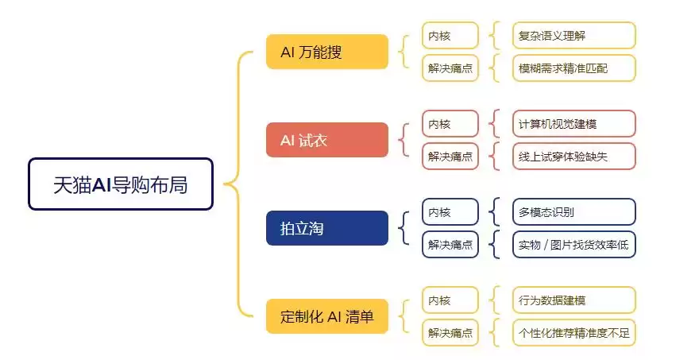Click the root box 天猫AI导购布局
(x=121, y=184)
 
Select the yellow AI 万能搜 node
(x=326, y=52)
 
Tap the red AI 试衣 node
(x=326, y=140)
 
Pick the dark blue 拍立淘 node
(x=326, y=229)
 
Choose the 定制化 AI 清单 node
(x=326, y=316)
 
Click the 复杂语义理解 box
(x=573, y=36)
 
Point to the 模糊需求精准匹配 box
(x=573, y=68)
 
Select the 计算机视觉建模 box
(x=573, y=124)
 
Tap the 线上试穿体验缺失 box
(x=573, y=157)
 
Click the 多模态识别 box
(x=573, y=212)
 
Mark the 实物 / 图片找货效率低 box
(x=573, y=245)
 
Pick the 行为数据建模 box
(x=573, y=300)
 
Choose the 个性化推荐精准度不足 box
(x=573, y=333)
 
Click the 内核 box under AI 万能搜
(x=450, y=36)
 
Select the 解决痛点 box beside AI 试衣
(x=450, y=157)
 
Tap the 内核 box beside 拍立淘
(x=450, y=212)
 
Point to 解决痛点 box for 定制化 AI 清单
(x=450, y=333)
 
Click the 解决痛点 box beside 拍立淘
(x=450, y=245)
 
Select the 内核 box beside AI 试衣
(x=450, y=124)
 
